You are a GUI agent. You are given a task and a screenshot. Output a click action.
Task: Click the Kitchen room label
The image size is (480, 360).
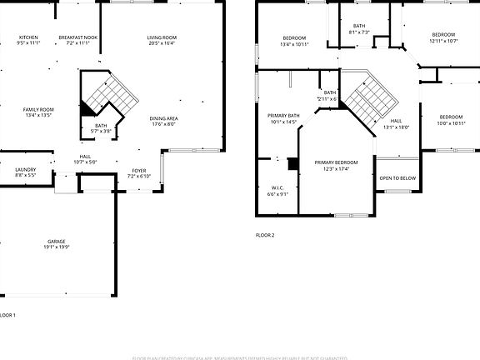[x=28, y=38]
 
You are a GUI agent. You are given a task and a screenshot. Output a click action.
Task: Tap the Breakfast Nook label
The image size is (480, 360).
[x=78, y=38]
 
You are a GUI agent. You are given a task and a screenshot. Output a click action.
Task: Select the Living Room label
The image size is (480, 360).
[x=162, y=38]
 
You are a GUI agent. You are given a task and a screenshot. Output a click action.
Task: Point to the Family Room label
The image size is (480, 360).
[x=38, y=110]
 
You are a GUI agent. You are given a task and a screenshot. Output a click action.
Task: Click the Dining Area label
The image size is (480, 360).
[x=163, y=118]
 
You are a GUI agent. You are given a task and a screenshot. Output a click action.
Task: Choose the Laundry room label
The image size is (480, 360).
[x=25, y=169]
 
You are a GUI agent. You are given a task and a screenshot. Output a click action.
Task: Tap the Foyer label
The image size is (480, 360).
[x=139, y=171]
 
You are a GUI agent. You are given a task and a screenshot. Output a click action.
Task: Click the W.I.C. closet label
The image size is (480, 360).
[x=277, y=187]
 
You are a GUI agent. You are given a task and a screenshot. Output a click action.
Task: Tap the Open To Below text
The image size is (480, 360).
[x=397, y=178]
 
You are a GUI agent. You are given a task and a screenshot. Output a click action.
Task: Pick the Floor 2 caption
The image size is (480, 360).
[x=265, y=235]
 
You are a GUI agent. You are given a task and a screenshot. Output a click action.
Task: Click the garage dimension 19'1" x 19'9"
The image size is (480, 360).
[x=57, y=247]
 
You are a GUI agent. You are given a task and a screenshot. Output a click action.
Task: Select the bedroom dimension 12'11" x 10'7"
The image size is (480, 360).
[x=443, y=41]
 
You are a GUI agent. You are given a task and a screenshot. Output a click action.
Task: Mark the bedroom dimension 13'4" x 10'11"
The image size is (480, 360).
[x=294, y=44]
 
